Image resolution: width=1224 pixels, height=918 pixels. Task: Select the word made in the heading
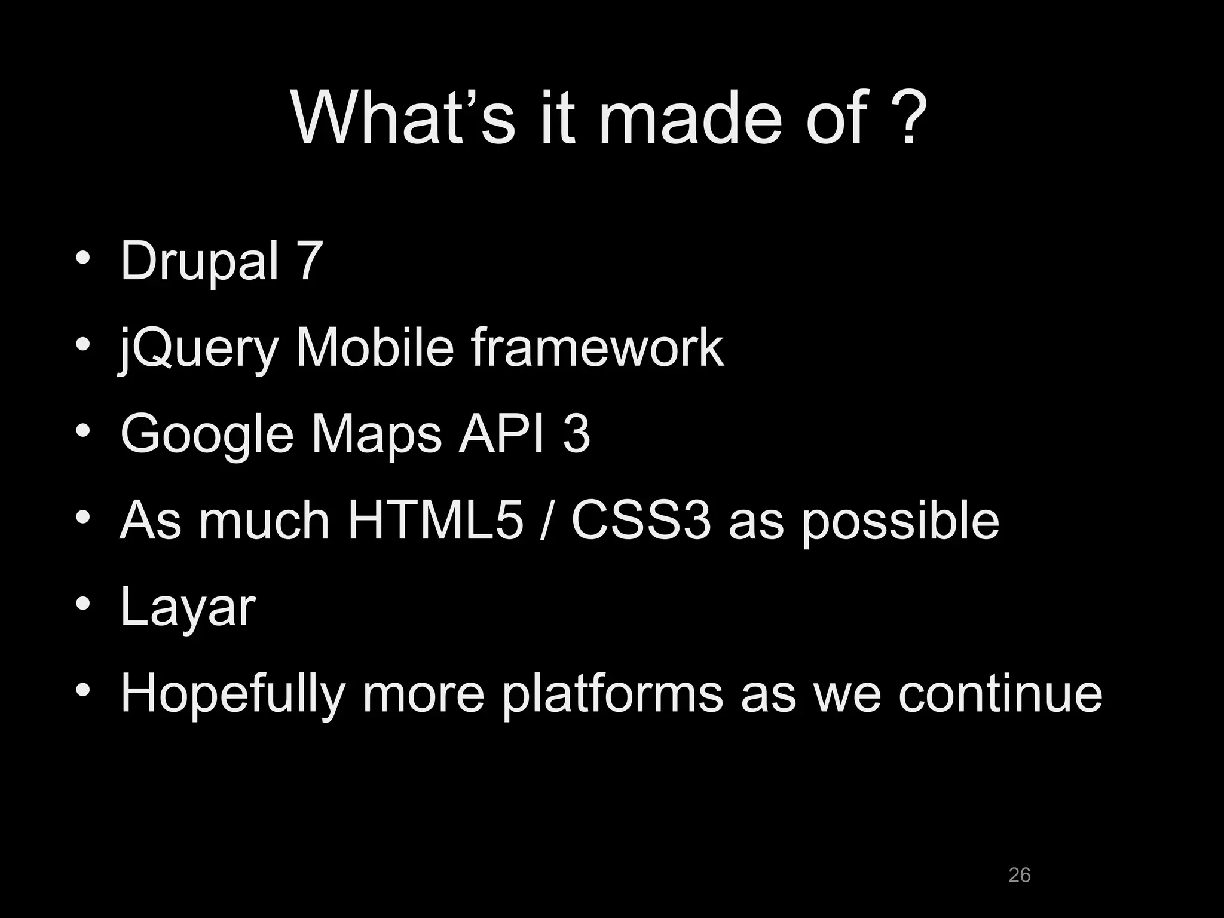pyautogui.click(x=690, y=117)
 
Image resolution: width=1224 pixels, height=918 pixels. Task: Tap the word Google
pyautogui.click(x=207, y=434)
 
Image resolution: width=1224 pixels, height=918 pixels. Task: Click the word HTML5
pyautogui.click(x=435, y=520)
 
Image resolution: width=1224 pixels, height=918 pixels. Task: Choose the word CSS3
pyautogui.click(x=641, y=520)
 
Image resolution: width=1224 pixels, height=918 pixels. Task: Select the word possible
pyautogui.click(x=900, y=521)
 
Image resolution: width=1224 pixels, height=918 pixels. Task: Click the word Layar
pyautogui.click(x=188, y=607)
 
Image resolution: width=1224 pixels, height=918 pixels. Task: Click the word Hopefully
pyautogui.click(x=232, y=694)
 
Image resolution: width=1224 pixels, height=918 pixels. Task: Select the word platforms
pyautogui.click(x=612, y=694)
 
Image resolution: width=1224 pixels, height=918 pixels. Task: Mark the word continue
pyautogui.click(x=1000, y=693)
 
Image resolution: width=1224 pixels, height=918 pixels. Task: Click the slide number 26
pyautogui.click(x=1019, y=874)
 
